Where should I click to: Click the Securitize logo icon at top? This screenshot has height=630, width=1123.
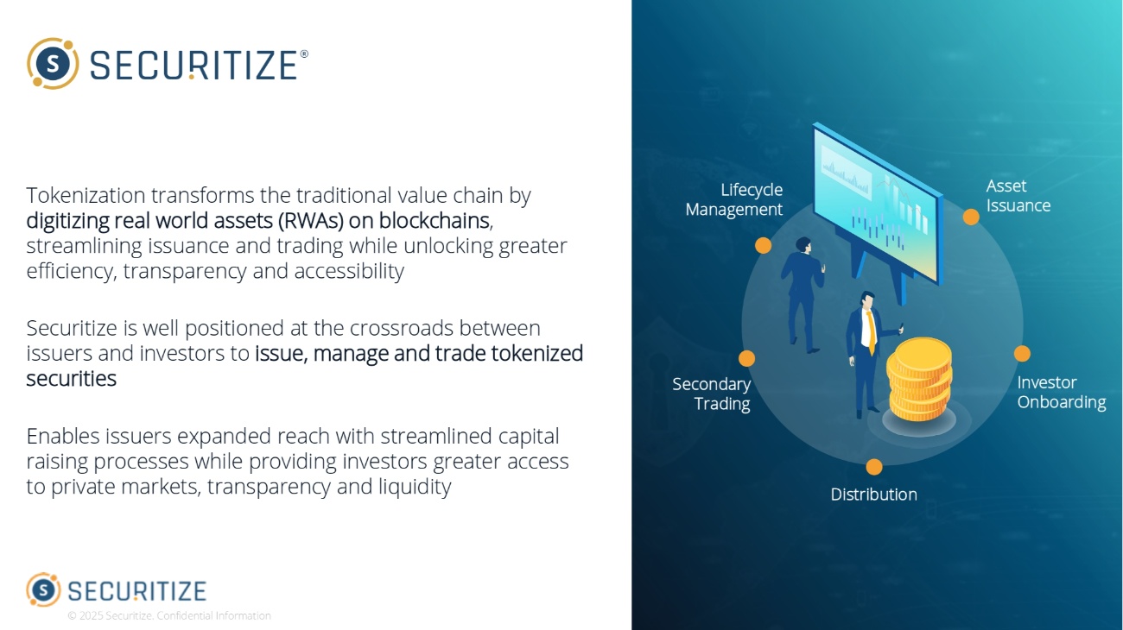tap(53, 63)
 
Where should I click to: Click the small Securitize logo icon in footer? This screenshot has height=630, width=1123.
tap(43, 589)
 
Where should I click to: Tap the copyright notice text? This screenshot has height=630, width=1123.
tap(169, 616)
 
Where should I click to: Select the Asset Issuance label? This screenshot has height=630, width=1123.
tap(1018, 196)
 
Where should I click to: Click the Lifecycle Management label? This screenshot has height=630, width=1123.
tap(734, 199)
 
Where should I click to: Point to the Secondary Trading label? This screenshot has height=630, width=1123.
tap(712, 394)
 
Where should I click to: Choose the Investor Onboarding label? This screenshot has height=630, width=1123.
tap(1061, 392)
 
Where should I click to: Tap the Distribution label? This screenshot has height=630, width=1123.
tap(873, 495)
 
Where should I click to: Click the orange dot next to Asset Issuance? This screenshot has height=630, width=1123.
tap(971, 217)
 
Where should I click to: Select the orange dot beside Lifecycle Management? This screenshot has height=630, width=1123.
tap(763, 246)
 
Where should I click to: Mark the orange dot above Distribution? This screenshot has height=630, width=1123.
tap(874, 467)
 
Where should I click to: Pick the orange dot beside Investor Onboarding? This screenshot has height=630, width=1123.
tap(1022, 354)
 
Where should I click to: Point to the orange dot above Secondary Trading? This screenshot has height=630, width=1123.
tap(747, 358)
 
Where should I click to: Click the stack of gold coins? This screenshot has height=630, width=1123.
tap(919, 380)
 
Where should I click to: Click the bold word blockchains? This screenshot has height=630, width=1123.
tap(435, 221)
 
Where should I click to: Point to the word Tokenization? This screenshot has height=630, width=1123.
tap(86, 196)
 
